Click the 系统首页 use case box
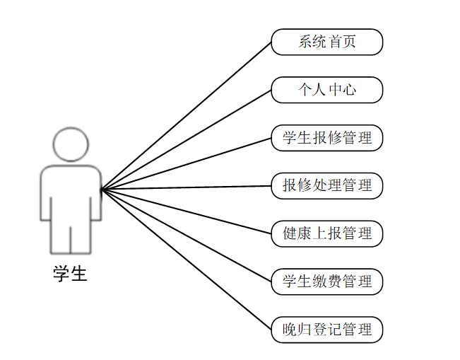click(326, 42)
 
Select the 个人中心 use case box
click(326, 90)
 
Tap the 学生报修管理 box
click(326, 138)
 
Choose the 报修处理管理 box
click(326, 186)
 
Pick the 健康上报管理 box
click(326, 233)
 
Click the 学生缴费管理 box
click(326, 281)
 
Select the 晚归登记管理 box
click(326, 330)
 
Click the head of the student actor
click(71, 145)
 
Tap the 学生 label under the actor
click(71, 274)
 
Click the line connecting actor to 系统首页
click(187, 115)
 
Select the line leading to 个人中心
click(187, 139)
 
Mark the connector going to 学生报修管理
click(187, 163)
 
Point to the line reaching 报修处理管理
click(187, 187)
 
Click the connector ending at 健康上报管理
click(187, 211)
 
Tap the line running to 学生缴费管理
click(187, 236)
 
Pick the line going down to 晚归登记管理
click(187, 260)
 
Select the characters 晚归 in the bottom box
click(297, 330)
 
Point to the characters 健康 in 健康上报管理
click(297, 233)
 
